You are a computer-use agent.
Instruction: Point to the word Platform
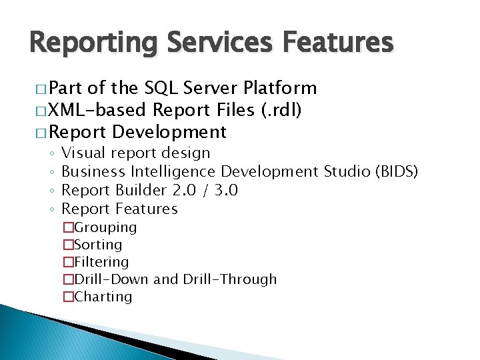280,88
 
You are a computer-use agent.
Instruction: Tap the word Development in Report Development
170,131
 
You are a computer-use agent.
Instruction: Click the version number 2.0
185,191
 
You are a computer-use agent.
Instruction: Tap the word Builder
141,191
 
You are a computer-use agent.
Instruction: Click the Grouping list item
105,228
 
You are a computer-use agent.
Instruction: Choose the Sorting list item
98,245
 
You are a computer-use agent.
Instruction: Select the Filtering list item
101,263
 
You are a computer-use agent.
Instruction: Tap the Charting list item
103,297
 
